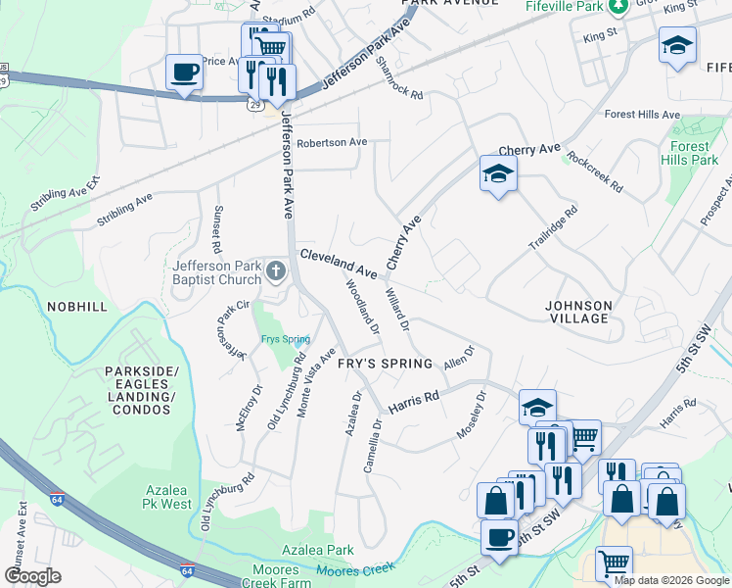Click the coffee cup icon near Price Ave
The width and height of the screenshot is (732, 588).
(184, 72)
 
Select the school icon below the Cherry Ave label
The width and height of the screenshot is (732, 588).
(498, 173)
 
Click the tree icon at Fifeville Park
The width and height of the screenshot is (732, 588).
(618, 8)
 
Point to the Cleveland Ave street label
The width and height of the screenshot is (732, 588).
(339, 262)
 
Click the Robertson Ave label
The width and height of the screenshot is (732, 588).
(332, 142)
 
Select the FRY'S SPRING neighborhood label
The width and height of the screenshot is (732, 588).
(385, 364)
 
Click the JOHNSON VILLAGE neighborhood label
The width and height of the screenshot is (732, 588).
(578, 312)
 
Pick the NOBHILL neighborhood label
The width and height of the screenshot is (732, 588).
(76, 307)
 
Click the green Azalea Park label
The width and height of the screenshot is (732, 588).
(318, 550)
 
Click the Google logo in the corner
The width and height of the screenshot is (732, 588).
(33, 575)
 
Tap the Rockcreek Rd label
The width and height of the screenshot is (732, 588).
(594, 173)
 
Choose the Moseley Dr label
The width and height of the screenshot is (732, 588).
(472, 416)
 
